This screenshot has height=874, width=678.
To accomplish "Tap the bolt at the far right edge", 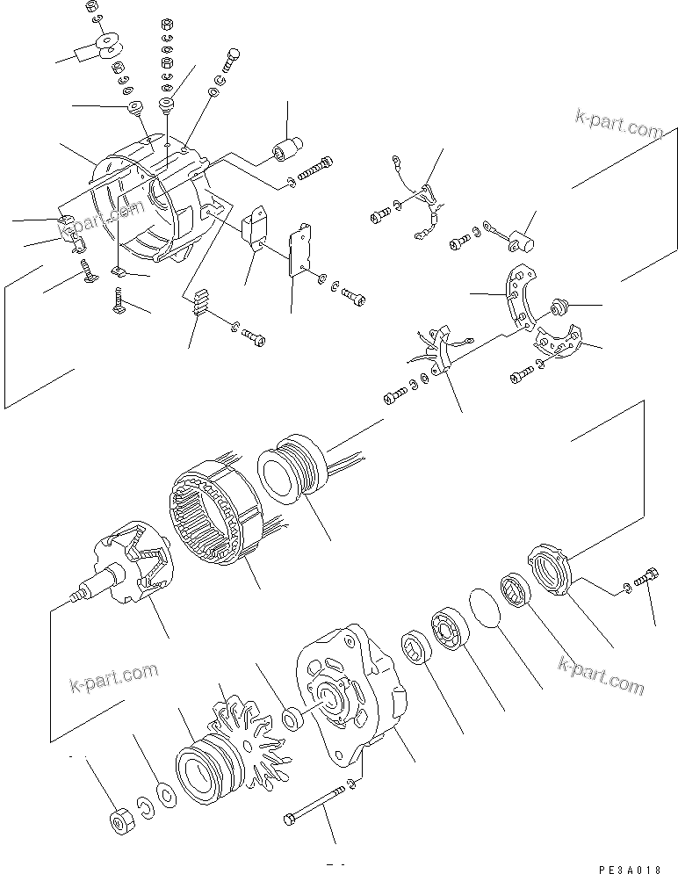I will coord(647,580).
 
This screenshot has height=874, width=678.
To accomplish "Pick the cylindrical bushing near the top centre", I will coord(288,150).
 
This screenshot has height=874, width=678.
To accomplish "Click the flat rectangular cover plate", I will coord(300,250).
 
